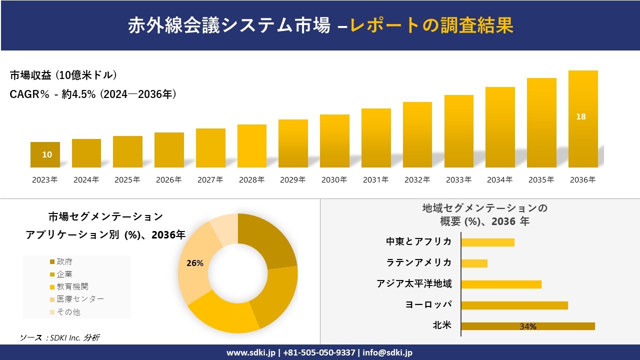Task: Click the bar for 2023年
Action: click(x=45, y=154)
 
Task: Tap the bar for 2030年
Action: click(x=334, y=141)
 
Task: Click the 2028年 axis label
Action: click(x=251, y=180)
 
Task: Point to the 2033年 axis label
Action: click(x=458, y=180)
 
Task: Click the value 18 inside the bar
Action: click(x=581, y=116)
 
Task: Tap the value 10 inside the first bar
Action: click(x=46, y=154)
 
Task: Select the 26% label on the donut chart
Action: click(x=194, y=263)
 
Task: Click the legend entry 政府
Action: click(x=64, y=262)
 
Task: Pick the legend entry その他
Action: click(x=68, y=312)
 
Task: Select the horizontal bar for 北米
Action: click(x=527, y=326)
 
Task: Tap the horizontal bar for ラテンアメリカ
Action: click(x=474, y=263)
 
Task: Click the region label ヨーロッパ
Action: click(x=428, y=305)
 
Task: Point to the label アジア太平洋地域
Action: click(x=414, y=284)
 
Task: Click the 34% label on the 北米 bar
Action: click(x=528, y=326)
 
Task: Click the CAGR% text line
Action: click(x=93, y=94)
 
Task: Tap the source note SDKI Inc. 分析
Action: click(x=59, y=337)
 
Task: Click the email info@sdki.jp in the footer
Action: click(x=387, y=352)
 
